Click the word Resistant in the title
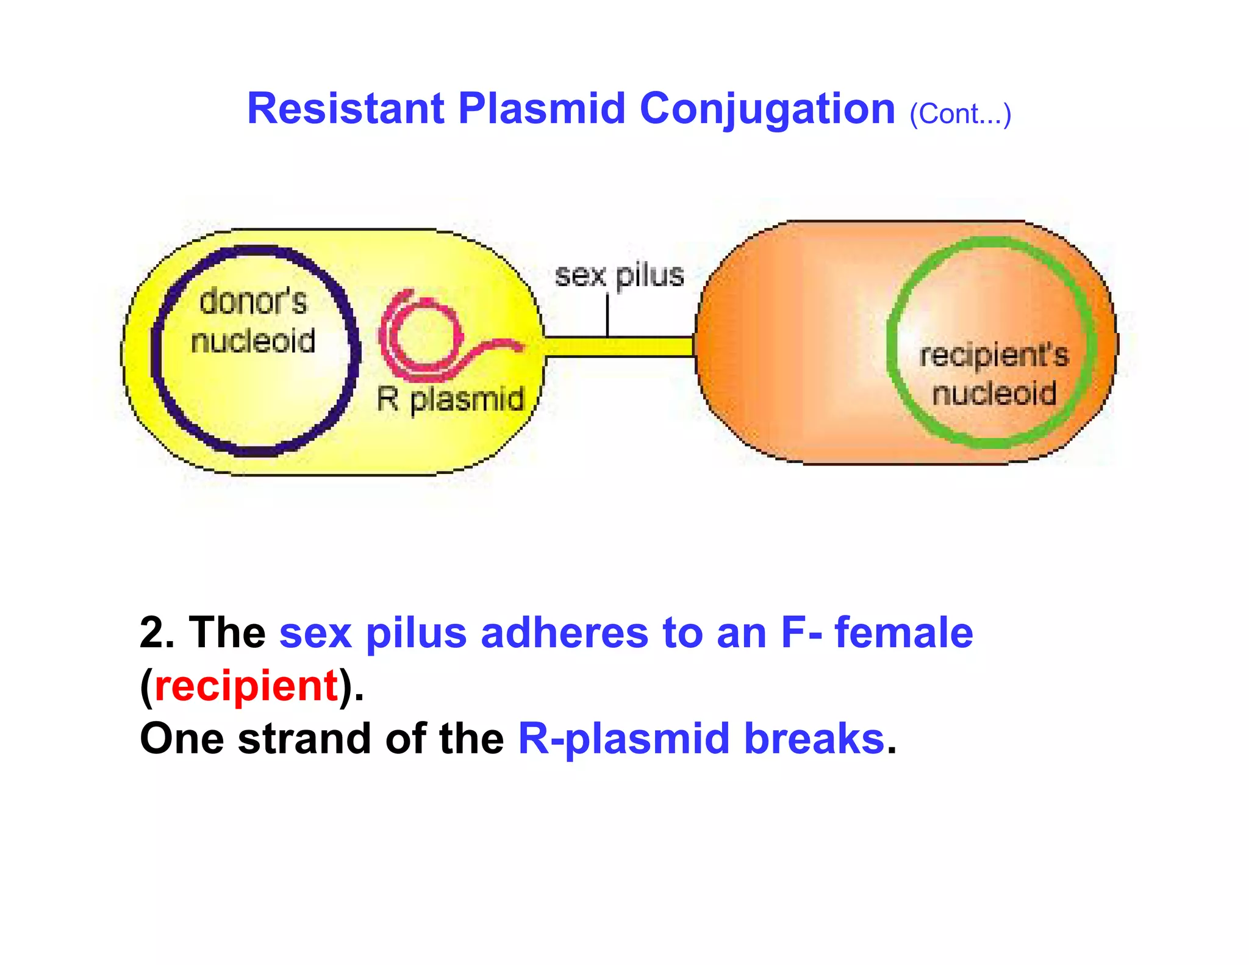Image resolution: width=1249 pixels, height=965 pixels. tap(345, 109)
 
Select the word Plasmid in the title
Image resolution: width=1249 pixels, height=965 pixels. tap(542, 109)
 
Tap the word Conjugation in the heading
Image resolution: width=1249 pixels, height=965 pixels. tap(767, 109)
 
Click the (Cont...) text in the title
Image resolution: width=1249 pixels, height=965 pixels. tap(960, 114)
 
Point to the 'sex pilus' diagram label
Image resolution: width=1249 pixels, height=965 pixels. tap(619, 276)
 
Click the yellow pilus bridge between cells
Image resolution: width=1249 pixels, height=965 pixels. tap(619, 347)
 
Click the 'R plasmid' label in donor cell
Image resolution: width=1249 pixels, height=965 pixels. tap(450, 400)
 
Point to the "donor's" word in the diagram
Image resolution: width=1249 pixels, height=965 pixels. tap(253, 302)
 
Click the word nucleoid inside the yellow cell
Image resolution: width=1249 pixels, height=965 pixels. tap(253, 340)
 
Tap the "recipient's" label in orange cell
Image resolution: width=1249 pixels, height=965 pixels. tap(994, 355)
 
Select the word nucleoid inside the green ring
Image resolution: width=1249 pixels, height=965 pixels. tap(994, 393)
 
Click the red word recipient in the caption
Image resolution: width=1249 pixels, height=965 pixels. tap(246, 686)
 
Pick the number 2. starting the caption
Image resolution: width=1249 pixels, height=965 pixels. tap(157, 633)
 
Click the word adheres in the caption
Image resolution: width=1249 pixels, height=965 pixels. tap(564, 633)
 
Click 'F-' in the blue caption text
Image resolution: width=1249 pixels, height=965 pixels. tap(801, 633)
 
